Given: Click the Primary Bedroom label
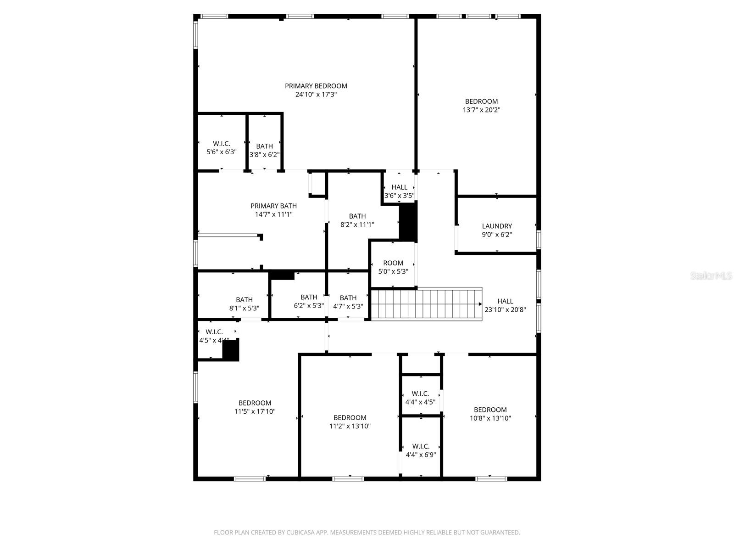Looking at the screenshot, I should pos(316,86).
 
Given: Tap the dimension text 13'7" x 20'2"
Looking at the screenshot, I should pos(481,110).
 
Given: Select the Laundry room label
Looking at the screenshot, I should pos(497,226).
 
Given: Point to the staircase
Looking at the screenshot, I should pos(426,304).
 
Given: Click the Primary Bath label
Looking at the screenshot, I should pos(273,206).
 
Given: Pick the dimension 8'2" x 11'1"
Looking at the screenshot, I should pos(357,225).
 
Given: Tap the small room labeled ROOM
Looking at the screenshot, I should pos(393,263).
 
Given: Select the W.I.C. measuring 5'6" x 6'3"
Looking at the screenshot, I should pos(222,147).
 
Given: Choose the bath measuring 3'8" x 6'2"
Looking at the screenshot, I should pos(264,151).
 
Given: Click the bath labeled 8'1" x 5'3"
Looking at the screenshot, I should pos(244,304).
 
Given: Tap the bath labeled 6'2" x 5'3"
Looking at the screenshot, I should pos(309,301).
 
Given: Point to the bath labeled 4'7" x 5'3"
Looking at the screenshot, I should pos(348,302).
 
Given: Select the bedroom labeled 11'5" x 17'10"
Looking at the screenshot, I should pos(255,407).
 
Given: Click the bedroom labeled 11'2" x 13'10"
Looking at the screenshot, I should pos(350,422).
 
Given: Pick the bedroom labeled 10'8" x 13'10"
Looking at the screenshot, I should pos(490,414).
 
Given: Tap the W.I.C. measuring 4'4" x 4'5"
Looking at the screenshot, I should pos(420,398).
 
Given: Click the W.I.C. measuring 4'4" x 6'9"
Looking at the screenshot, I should pos(421,450).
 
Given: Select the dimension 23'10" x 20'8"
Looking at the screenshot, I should pos(505,309).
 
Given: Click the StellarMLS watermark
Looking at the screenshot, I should pos(711,276).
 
